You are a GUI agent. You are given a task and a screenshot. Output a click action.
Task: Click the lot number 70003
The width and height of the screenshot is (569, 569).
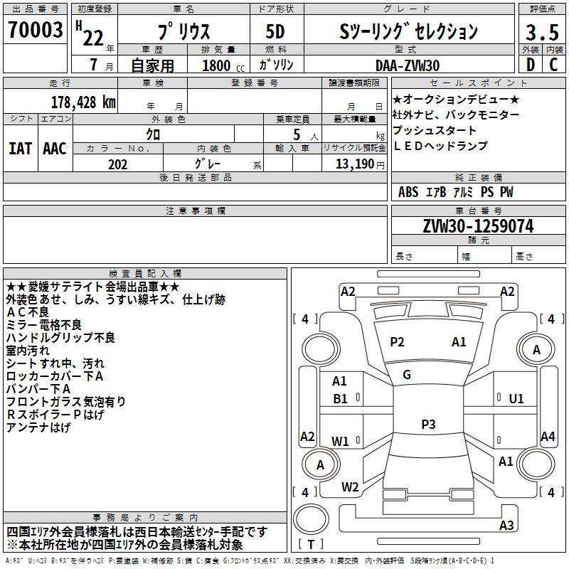coord(34,31)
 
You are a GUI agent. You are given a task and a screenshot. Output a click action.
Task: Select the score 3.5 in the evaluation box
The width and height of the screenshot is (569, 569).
coord(541,33)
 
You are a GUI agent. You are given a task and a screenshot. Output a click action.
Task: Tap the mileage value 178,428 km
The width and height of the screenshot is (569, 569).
coord(83,102)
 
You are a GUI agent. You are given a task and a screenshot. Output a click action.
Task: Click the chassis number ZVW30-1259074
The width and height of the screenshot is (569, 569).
coord(478,226)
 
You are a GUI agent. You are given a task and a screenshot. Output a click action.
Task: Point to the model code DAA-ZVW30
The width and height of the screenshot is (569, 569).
coord(408,65)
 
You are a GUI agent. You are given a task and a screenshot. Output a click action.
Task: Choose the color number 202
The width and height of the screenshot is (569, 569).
coord(117,164)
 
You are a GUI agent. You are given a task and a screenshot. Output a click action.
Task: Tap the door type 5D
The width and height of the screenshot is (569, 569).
coord(275,33)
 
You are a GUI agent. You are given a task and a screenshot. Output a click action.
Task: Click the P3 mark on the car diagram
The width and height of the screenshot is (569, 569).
coord(428,425)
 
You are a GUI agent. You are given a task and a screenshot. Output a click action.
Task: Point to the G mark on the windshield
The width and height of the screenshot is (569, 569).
coord(407,375)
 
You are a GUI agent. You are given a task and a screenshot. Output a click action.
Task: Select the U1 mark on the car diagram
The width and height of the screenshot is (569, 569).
coord(516,399)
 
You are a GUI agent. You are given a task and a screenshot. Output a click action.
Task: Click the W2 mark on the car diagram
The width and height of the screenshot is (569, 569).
coord(350,487)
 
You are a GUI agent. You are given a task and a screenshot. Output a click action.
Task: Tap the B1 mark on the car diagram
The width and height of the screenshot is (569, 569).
coord(341,399)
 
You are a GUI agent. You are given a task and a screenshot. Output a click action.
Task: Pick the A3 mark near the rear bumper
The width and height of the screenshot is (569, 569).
coord(506,526)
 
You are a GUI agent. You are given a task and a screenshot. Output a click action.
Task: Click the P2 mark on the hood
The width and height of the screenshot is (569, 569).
coord(397,342)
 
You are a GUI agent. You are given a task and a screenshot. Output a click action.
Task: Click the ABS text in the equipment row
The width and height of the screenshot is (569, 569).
coord(408,192)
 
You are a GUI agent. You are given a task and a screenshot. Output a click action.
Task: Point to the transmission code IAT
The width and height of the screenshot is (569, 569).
coord(20,149)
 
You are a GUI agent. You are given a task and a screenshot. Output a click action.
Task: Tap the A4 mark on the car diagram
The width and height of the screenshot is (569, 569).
coord(548,437)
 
